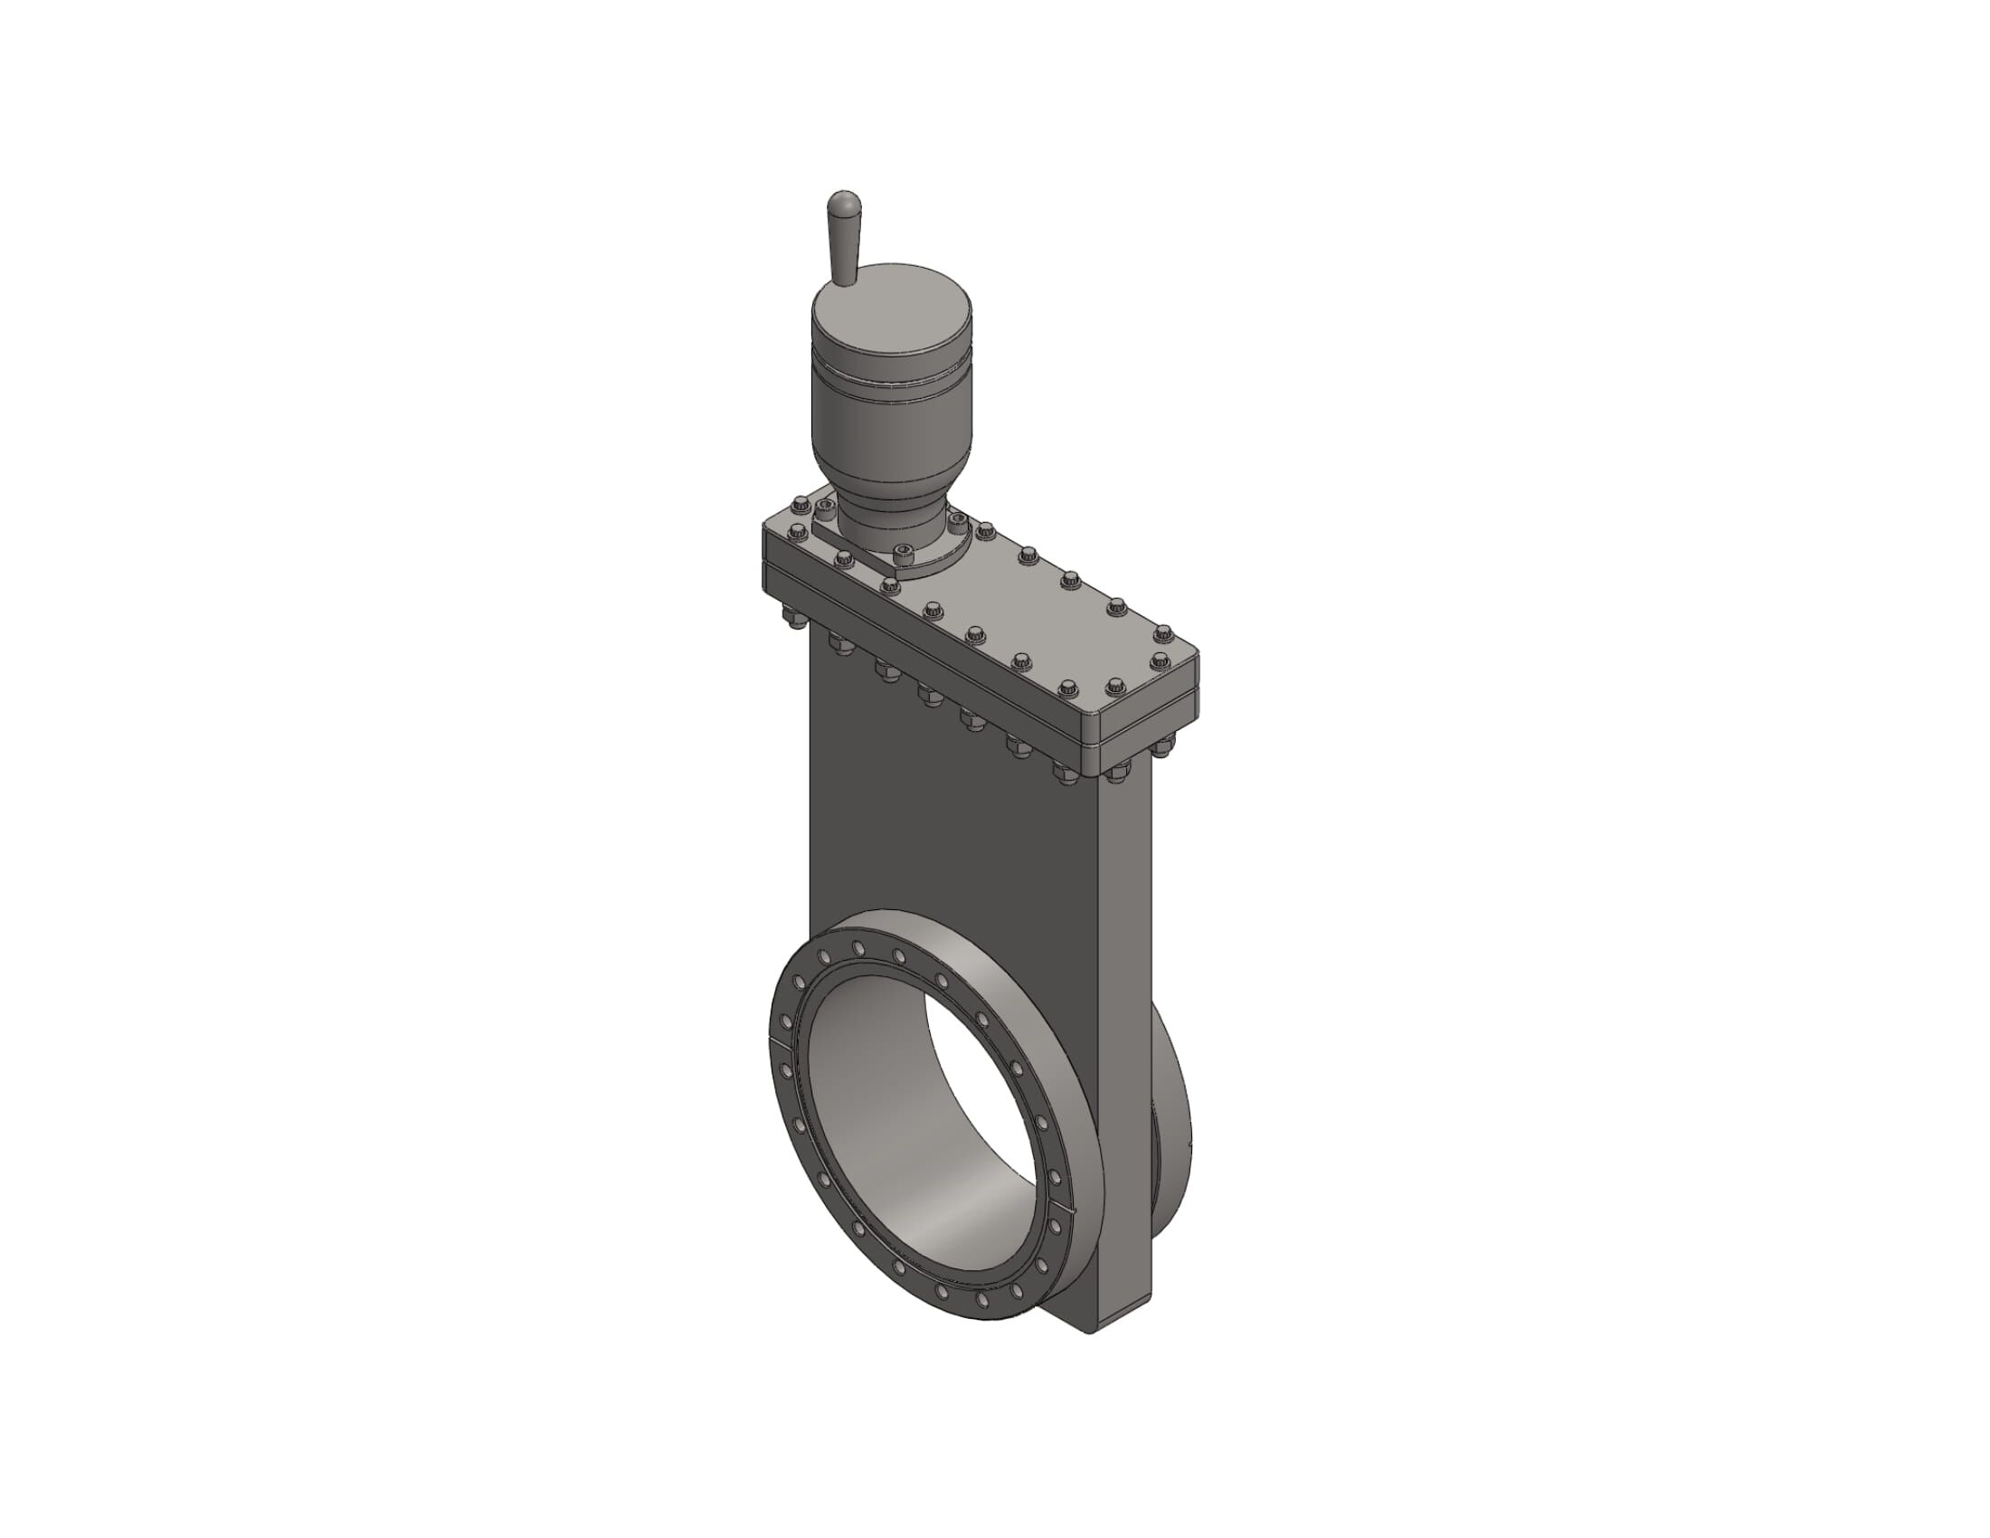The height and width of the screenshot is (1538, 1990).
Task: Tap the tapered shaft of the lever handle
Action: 844,251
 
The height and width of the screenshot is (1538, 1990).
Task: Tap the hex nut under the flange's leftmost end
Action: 791,622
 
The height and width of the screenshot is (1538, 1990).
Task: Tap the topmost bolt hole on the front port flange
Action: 858,948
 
